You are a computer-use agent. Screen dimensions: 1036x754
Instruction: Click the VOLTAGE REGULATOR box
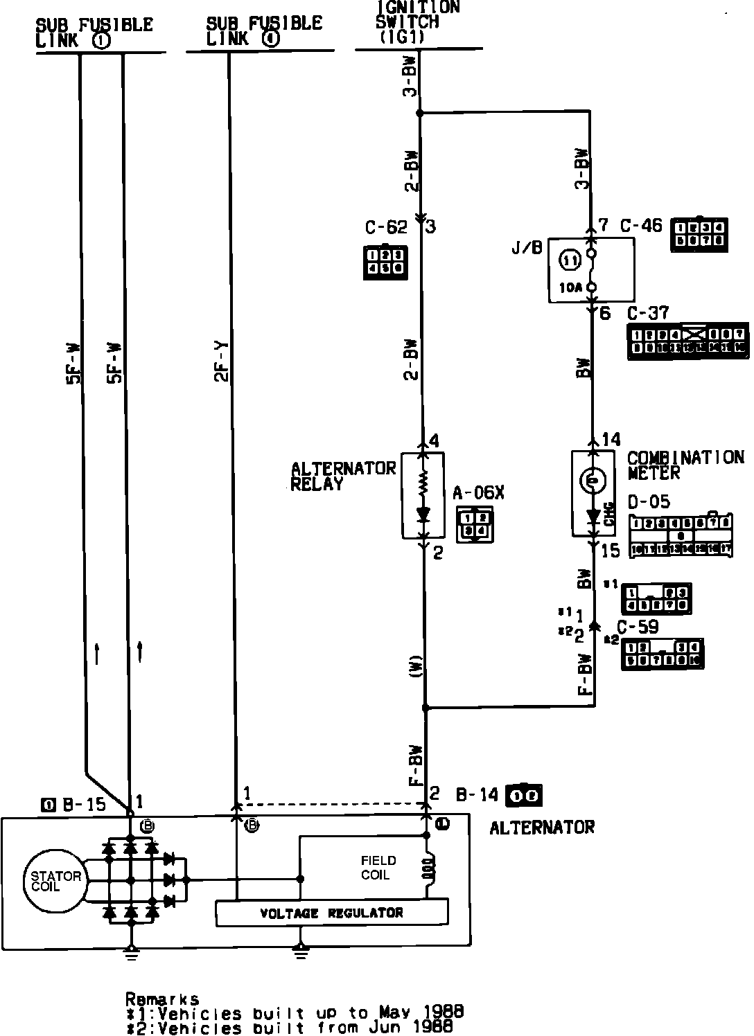click(332, 913)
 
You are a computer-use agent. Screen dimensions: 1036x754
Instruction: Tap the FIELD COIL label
click(378, 868)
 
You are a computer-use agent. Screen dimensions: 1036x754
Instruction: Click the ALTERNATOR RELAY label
click(342, 476)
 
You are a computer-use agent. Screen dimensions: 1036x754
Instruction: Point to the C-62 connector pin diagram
click(385, 262)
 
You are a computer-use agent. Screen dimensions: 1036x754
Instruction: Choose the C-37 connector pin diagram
click(687, 341)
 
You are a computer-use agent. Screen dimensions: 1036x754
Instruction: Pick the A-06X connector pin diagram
click(475, 524)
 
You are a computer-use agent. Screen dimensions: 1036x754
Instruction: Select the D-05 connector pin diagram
click(681, 535)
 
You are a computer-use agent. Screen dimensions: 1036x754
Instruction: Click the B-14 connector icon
click(524, 795)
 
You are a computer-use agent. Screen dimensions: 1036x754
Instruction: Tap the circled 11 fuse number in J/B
click(570, 261)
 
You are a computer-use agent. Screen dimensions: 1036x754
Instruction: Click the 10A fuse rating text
click(570, 287)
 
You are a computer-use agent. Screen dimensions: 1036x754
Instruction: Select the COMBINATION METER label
click(685, 465)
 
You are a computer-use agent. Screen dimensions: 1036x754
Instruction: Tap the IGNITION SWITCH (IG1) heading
click(417, 22)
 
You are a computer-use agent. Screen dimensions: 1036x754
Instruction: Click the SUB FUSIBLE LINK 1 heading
click(94, 33)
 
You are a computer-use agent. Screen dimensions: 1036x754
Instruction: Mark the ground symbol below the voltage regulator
click(300, 954)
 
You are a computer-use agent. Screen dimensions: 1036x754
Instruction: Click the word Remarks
click(163, 999)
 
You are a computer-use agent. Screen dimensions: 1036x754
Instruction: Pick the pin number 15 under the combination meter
click(611, 551)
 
